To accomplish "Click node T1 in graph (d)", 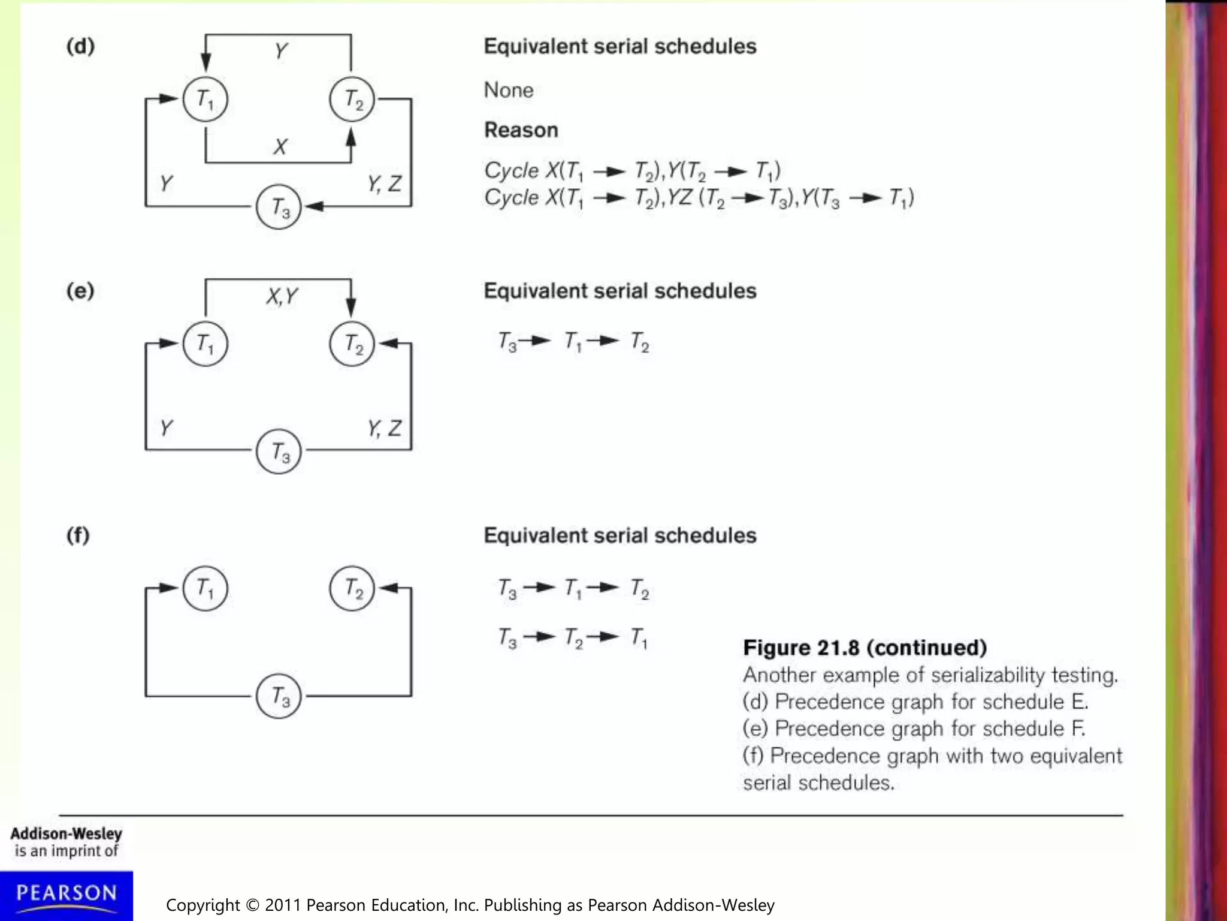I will click(x=205, y=99).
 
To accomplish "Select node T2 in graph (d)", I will click(x=352, y=99).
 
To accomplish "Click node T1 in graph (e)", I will click(x=205, y=344).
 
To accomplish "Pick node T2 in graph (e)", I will click(x=352, y=344).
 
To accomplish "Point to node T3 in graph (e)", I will click(x=279, y=452).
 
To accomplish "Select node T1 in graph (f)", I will click(x=205, y=588).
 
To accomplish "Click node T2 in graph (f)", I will click(x=352, y=588).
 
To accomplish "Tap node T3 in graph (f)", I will click(x=279, y=696).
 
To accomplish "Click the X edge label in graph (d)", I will click(x=280, y=146).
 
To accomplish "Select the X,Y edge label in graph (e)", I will click(x=282, y=296).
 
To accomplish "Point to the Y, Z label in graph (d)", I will click(x=384, y=183).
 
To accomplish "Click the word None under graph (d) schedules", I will click(x=508, y=90).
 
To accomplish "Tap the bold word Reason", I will click(x=521, y=130).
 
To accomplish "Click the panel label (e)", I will click(x=80, y=291).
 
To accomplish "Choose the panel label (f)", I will click(x=78, y=535).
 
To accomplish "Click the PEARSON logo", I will click(x=67, y=894).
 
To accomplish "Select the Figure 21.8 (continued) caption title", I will click(x=865, y=648).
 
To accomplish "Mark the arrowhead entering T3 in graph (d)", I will click(x=314, y=206).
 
